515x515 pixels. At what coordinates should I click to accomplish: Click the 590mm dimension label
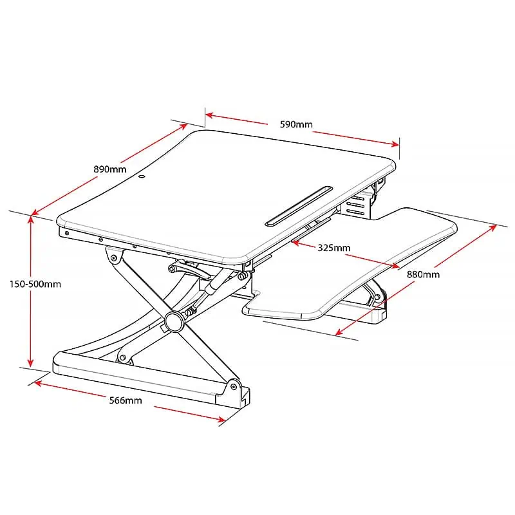(x=296, y=124)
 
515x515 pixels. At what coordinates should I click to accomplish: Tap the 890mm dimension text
(x=110, y=169)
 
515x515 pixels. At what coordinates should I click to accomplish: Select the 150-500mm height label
(x=35, y=284)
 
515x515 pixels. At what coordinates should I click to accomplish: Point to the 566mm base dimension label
(x=126, y=400)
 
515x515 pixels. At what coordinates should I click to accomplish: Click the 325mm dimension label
(x=334, y=248)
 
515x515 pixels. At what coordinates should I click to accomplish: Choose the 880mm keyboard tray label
(x=424, y=274)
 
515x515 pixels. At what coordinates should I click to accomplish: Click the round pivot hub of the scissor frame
(x=174, y=321)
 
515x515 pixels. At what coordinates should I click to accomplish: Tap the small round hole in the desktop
(x=142, y=177)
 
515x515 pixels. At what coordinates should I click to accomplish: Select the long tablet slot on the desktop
(x=299, y=206)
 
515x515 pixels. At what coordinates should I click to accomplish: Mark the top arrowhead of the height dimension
(x=30, y=219)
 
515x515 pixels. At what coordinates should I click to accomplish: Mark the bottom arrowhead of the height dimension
(x=30, y=362)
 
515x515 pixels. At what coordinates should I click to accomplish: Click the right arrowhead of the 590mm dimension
(x=395, y=144)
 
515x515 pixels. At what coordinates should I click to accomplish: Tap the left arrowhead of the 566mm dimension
(x=38, y=383)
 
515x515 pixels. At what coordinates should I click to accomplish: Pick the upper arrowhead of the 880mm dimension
(x=492, y=228)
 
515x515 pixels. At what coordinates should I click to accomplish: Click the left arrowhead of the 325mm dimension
(x=295, y=243)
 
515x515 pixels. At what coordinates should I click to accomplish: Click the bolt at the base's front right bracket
(x=234, y=387)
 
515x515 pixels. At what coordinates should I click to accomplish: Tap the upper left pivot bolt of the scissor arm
(x=114, y=258)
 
